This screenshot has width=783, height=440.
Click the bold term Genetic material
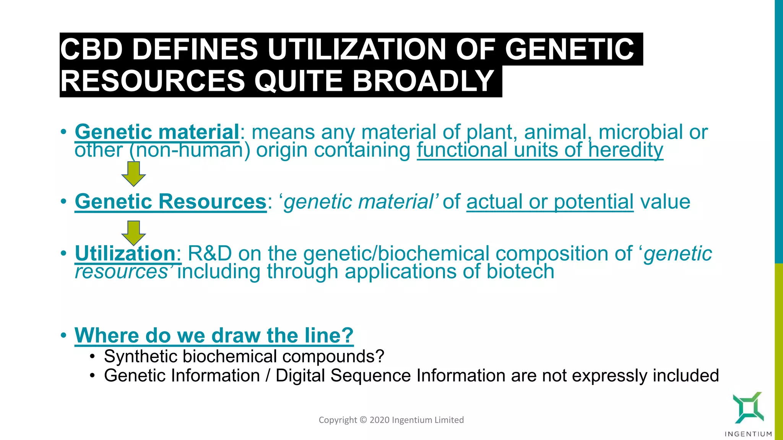[x=157, y=132]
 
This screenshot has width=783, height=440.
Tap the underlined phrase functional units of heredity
[x=539, y=150]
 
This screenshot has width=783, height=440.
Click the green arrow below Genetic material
[x=133, y=174]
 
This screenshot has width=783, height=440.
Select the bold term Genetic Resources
[x=171, y=202]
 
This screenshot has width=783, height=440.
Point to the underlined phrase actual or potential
[x=550, y=202]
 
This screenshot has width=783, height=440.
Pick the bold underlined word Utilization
[x=125, y=254]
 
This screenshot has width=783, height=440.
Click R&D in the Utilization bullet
[x=210, y=254]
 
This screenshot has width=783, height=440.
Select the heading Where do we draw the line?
[x=214, y=335]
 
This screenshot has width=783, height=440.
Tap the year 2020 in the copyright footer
[x=379, y=420]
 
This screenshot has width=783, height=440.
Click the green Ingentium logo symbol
[x=748, y=408]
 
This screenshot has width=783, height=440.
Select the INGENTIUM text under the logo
[x=748, y=434]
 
